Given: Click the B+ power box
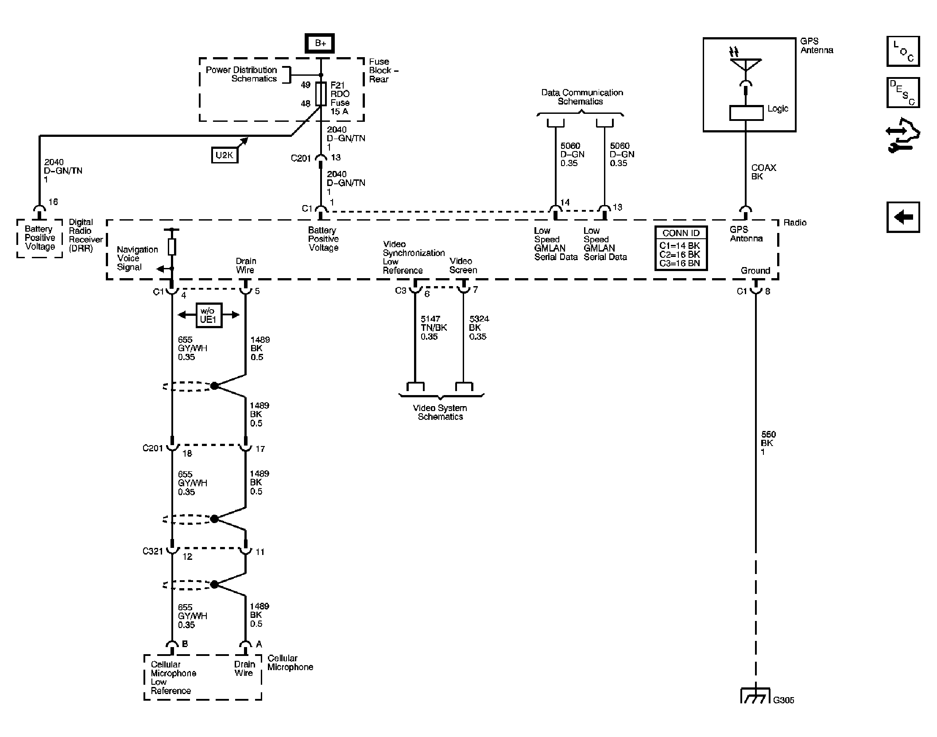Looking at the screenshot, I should point(320,43).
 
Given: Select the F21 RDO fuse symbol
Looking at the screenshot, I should point(321,93).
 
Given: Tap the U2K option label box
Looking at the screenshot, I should point(225,155).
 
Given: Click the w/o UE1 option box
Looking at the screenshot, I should point(208,315).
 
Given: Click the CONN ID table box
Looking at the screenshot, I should point(681,248).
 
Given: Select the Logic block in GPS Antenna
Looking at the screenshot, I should point(746,113).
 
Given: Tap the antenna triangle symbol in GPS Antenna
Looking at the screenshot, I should point(746,65).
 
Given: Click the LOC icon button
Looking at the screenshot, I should point(903,51).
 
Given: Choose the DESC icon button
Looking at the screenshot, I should point(903,93).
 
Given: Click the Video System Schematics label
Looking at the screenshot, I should point(440,412).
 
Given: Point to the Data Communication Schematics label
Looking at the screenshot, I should point(581,97).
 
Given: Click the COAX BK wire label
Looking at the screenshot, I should point(763,172).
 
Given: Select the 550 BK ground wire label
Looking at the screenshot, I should point(768,443).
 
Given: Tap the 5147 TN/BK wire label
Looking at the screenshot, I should point(433,328).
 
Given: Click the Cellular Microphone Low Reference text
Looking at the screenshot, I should point(173,677).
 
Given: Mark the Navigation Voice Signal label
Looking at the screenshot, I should point(137,258).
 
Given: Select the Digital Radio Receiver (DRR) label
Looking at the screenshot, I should point(85,235).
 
